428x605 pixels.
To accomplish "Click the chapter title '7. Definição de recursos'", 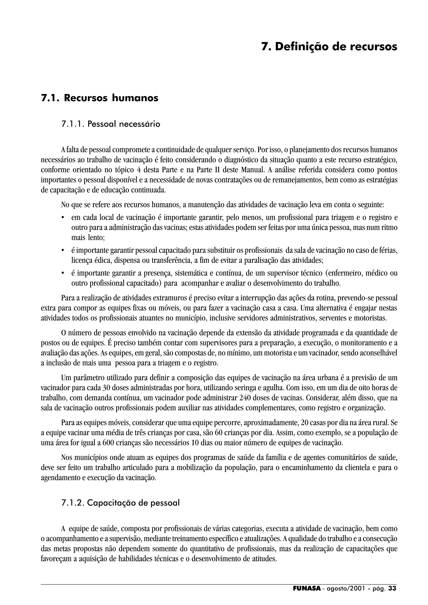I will point(329,47).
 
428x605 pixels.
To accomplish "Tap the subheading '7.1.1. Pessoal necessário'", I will point(111,124).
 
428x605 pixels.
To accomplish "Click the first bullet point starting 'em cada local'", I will point(62,218).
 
